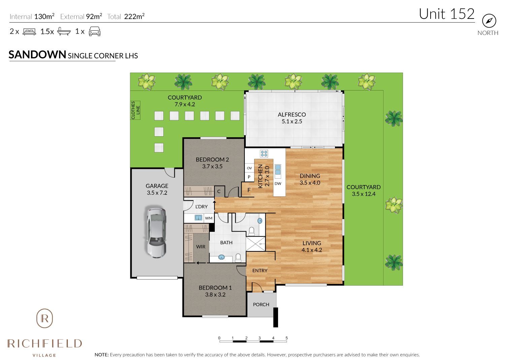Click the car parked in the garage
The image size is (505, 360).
click(157, 232)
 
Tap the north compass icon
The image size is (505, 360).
click(489, 21)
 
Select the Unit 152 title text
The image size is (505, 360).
click(447, 14)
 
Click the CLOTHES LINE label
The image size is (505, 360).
click(135, 110)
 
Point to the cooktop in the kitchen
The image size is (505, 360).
click(264, 154)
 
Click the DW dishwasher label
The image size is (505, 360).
click(278, 184)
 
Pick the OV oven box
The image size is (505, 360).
click(249, 168)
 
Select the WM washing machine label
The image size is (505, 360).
click(209, 218)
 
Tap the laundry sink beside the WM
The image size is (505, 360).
click(198, 218)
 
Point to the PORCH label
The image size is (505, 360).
click(261, 304)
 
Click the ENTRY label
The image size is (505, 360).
click(260, 271)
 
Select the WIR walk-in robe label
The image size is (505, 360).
click(201, 247)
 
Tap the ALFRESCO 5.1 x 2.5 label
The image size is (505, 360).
click(292, 118)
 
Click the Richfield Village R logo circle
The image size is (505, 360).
click(44, 318)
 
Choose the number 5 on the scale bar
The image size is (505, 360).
click(287, 338)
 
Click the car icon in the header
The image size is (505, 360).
click(95, 32)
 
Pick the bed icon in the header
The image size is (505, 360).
click(29, 32)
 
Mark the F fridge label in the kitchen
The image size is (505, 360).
click(249, 190)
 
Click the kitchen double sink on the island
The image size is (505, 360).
click(278, 170)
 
